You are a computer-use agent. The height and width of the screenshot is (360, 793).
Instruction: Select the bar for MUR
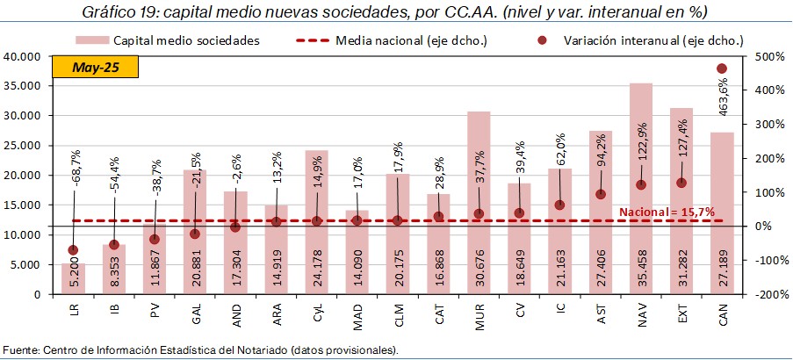pos(479,158)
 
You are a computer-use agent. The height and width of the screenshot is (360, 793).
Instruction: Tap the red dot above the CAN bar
pos(722,68)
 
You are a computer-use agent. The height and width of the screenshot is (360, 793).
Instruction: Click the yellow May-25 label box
pos(96,68)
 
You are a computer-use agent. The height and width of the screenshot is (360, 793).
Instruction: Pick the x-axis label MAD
pos(357,314)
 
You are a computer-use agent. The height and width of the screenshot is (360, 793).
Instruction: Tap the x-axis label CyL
pos(317,313)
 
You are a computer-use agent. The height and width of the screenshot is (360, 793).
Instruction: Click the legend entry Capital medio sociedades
pos(186,40)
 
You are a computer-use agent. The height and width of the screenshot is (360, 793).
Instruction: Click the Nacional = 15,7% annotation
pos(667,212)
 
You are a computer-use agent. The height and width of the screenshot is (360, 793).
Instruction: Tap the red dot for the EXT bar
pos(681,183)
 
